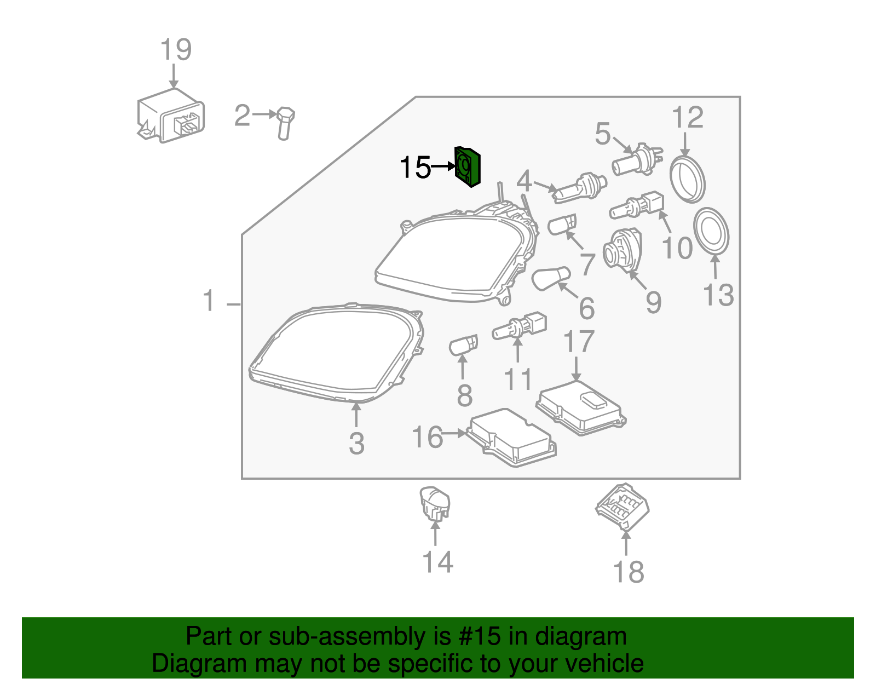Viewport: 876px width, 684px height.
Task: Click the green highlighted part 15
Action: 468,166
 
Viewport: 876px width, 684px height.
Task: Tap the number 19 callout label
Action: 176,50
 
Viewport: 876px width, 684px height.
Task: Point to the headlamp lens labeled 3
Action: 335,354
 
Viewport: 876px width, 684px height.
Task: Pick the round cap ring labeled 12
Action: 687,179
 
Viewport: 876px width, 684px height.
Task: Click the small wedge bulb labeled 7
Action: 562,225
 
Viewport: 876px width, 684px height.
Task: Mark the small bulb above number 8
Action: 463,346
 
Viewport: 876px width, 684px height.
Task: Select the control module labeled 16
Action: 512,438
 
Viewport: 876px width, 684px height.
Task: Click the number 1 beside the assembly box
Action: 209,301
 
